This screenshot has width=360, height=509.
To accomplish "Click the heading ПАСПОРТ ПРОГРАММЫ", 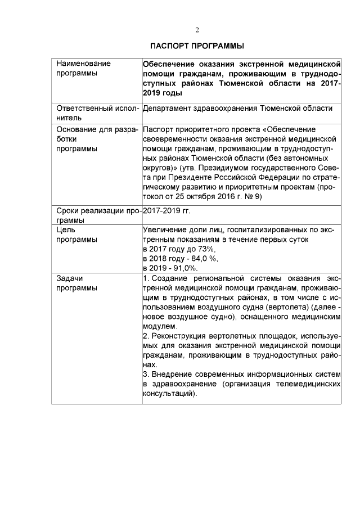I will (196, 45).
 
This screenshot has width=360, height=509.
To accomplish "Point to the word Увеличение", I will (165, 230).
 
